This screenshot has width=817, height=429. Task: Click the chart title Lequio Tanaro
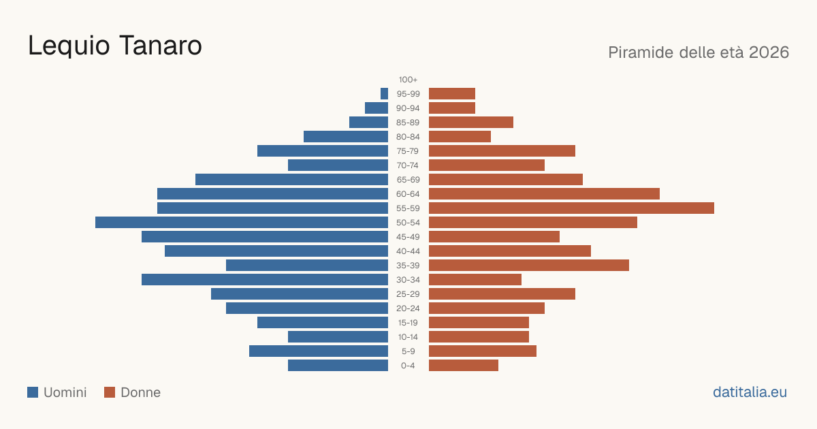pos(115,46)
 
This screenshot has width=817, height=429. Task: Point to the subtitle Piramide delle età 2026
pos(699,52)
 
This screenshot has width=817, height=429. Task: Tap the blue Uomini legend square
pos(33,392)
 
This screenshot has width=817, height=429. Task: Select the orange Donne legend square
pos(110,392)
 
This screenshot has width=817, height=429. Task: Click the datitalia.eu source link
pos(750,392)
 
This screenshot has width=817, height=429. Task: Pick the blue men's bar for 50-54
pos(242,223)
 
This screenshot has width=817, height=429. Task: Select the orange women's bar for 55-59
pos(571,208)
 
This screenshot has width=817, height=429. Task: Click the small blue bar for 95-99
pos(385,94)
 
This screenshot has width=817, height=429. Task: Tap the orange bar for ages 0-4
pos(464,366)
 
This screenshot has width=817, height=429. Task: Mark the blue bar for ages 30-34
pos(265,280)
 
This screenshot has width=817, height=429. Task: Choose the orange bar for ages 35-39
pos(529,265)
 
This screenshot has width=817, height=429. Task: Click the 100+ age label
pos(408,80)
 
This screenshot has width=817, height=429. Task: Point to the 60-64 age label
pos(408,194)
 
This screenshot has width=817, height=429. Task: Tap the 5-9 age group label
pos(408,351)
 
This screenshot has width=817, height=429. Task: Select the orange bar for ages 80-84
pos(460,137)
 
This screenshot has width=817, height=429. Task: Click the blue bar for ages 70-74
pos(338,165)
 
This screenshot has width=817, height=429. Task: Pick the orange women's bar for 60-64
pos(544,193)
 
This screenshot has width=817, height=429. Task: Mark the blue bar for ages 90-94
pos(377,108)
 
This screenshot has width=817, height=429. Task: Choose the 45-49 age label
pos(408,237)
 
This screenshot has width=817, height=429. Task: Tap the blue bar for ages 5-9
pos(319,351)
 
